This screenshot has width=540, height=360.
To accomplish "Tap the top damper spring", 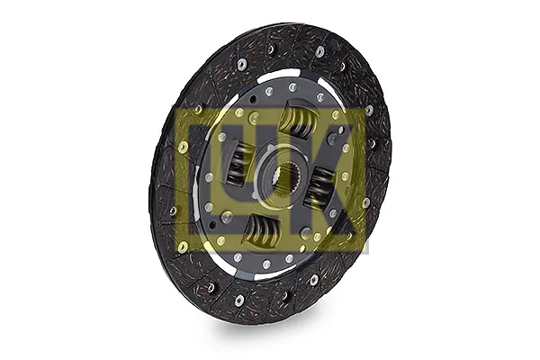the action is click(x=298, y=119).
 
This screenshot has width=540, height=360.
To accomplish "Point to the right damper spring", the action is click(x=319, y=188).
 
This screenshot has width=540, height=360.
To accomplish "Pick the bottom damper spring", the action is click(x=263, y=230).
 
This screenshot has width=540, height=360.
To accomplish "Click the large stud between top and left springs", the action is click(x=256, y=116).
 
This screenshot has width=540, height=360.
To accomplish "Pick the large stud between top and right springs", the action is click(x=333, y=139).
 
